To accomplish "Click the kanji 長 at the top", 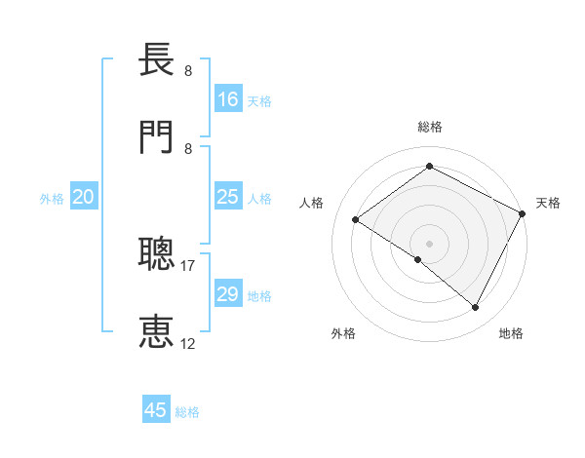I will point(158,60).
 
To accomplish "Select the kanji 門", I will point(158,136).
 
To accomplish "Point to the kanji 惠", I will point(158,331).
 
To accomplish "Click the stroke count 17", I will point(188,264).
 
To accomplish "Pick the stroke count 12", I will point(188,343).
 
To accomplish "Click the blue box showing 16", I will point(228,99).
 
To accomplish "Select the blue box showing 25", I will point(228,198).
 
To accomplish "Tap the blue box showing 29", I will point(228,294).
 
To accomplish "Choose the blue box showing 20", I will point(83,198).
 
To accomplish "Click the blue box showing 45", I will point(156,410).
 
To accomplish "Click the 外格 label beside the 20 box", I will point(52,199).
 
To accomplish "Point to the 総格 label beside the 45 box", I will point(187,412).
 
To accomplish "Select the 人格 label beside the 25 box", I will point(259,199).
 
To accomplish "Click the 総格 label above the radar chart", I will point(430,127).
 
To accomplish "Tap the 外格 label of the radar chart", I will point(343,334).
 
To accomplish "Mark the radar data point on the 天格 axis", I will point(523,213).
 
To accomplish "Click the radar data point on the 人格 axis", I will point(356,220).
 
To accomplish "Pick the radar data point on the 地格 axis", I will point(476,308).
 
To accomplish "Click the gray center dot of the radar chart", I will point(430,243).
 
